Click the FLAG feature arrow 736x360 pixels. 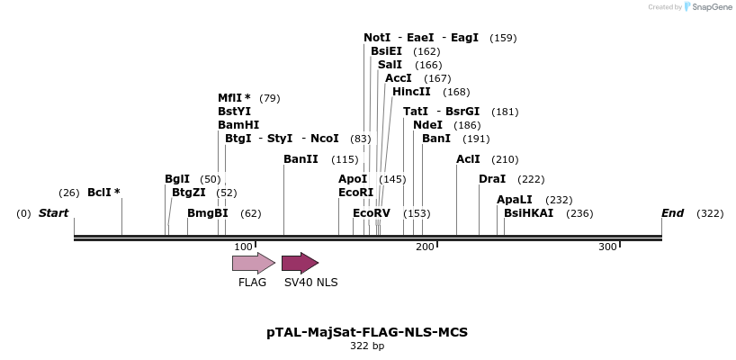[253, 263]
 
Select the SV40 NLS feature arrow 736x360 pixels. [300, 263]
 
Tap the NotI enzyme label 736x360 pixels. [377, 38]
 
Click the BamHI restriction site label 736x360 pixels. [238, 125]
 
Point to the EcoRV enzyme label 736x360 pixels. [372, 213]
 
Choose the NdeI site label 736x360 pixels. [427, 125]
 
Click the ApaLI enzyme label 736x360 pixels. [515, 200]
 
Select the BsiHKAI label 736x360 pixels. [528, 213]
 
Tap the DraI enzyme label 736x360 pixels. [492, 179]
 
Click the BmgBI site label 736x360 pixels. [208, 213]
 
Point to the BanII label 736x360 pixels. [301, 159]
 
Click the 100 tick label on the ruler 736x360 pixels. [244, 247]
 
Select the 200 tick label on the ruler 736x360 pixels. [426, 247]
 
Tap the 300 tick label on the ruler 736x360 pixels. [607, 247]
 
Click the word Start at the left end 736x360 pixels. [53, 213]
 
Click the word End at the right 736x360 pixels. [672, 213]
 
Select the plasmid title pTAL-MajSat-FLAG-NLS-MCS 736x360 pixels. [367, 332]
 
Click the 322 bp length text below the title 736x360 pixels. [367, 346]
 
